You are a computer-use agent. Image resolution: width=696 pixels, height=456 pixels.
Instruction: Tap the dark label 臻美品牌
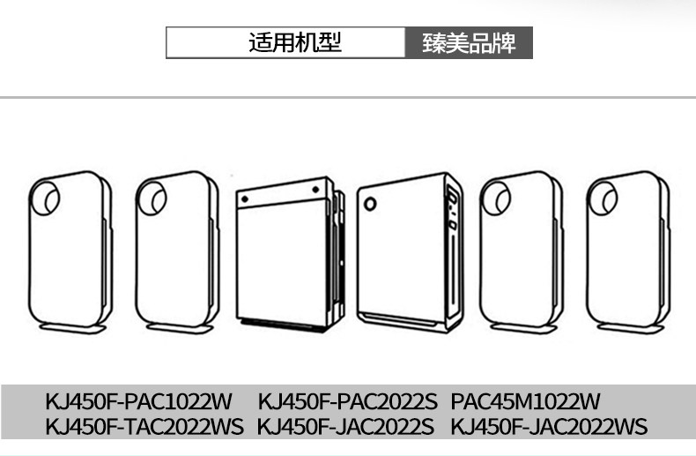pyautogui.click(x=469, y=42)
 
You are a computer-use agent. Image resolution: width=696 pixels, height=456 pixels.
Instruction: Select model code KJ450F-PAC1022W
pyautogui.click(x=138, y=402)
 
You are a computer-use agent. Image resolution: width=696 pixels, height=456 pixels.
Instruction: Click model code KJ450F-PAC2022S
pyautogui.click(x=347, y=402)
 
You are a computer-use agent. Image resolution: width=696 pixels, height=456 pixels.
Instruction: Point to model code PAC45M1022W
pyautogui.click(x=525, y=402)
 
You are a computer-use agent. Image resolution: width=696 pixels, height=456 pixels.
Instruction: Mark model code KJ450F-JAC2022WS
pyautogui.click(x=549, y=428)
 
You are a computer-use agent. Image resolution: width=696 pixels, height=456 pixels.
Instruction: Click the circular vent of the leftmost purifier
pyautogui.click(x=46, y=198)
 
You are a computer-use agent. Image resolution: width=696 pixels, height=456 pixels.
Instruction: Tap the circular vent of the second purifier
pyautogui.click(x=153, y=198)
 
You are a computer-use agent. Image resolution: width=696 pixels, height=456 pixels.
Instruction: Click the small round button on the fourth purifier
pyautogui.click(x=371, y=205)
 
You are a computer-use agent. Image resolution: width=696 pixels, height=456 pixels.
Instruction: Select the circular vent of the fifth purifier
pyautogui.click(x=496, y=198)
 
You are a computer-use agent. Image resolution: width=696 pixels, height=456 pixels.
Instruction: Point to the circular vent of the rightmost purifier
pyautogui.click(x=603, y=198)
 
